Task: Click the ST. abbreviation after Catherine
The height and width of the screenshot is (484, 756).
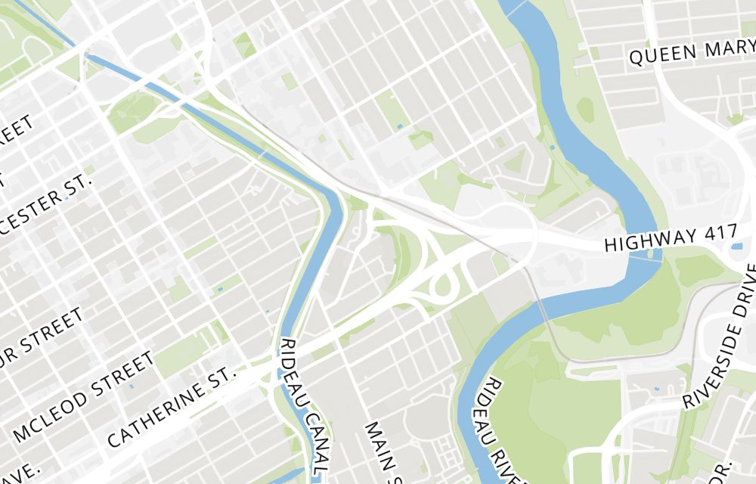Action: click(223, 374)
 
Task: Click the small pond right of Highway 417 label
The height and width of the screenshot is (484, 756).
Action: click(736, 246)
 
